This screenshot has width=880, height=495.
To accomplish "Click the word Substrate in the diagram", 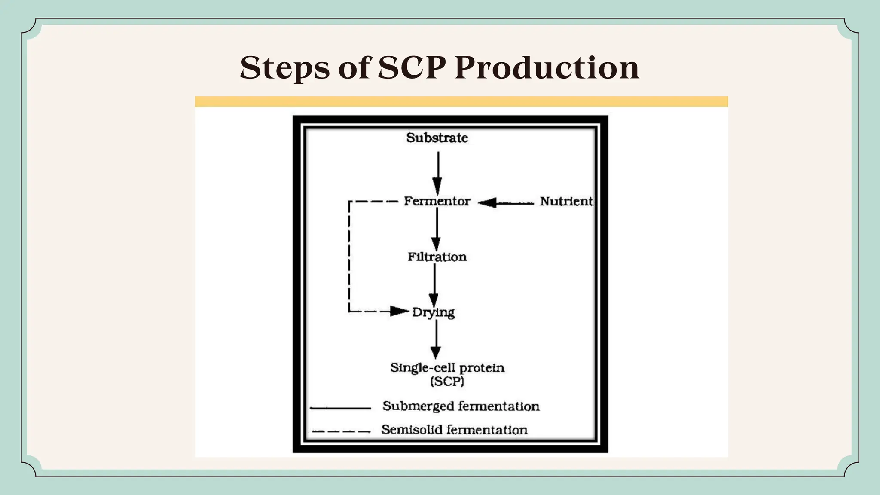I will pos(437,138).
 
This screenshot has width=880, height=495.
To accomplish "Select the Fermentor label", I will pos(437,201).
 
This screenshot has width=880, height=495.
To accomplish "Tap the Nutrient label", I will pos(566,201).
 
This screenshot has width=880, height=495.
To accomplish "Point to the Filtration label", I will pos(437,257).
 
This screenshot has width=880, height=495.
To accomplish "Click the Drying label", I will pos(433,312).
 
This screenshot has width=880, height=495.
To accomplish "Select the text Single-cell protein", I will pos(447,368).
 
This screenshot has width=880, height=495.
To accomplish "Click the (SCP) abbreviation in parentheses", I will pos(447,382).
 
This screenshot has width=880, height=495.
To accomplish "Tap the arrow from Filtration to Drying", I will pos(434,285).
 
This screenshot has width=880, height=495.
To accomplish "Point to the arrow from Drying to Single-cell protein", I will pos(436,339).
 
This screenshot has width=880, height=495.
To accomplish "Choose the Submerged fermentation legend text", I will pos(461,406).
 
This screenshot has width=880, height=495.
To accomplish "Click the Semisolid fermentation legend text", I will pos(454,430).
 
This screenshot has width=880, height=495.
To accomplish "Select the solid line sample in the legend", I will pos(340,408).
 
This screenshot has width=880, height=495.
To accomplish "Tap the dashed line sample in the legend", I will pos(340,431).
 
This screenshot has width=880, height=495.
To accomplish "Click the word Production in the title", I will pos(547,68).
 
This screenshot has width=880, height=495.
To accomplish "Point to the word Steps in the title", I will pos(284,68).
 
